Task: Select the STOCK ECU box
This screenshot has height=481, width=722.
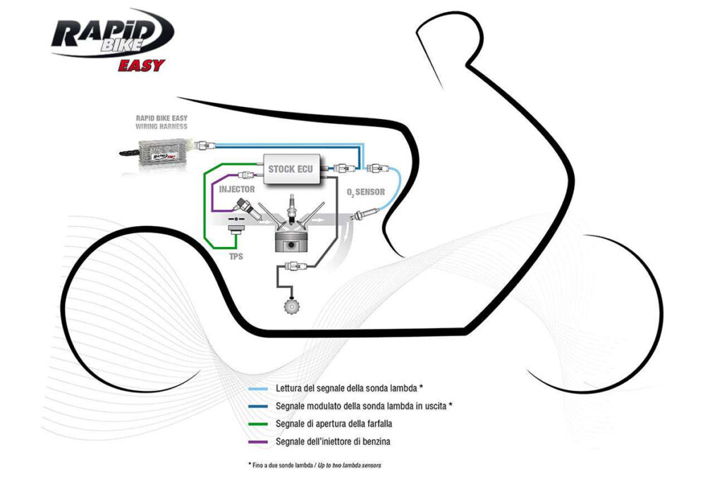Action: [291, 169]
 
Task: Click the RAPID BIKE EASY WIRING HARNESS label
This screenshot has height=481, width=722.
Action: [161, 122]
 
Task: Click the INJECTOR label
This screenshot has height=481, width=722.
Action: [237, 190]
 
